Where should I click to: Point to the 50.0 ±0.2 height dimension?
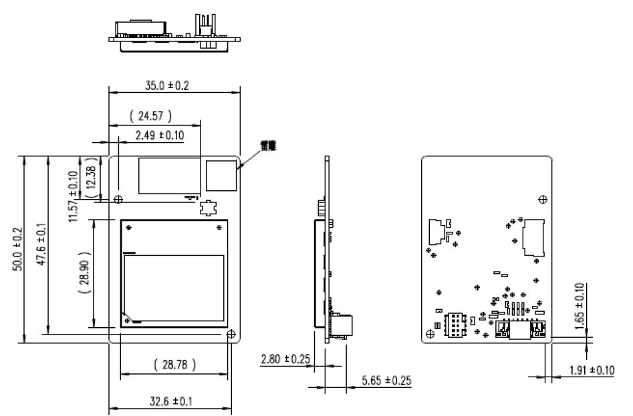[x=20, y=249]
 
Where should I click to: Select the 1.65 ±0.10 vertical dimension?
[x=580, y=303]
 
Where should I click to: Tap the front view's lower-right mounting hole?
[x=231, y=334]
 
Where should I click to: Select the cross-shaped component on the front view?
[x=208, y=208]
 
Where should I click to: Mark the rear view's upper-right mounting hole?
[x=542, y=198]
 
